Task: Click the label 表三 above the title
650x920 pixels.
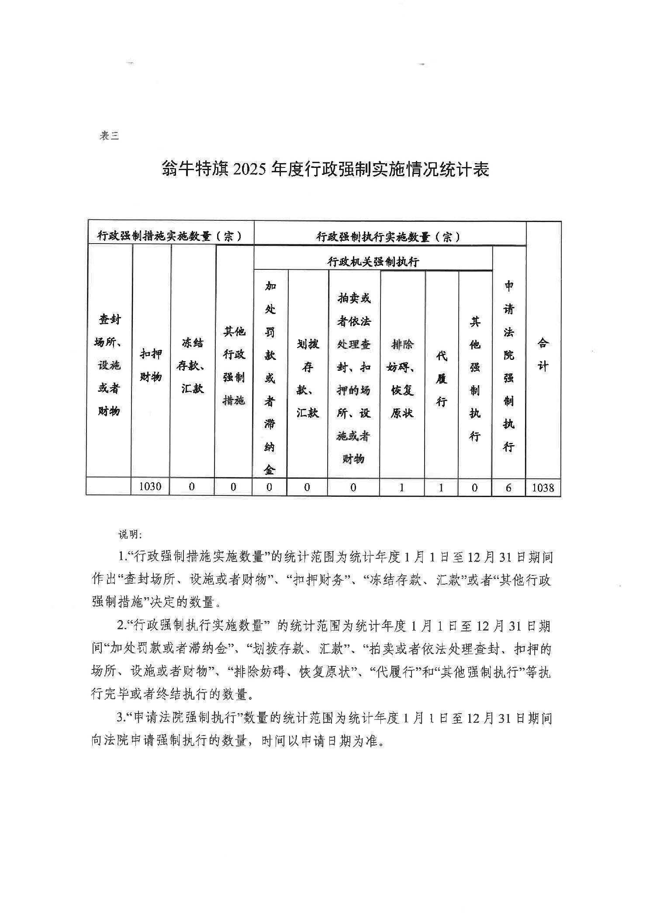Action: click(109, 136)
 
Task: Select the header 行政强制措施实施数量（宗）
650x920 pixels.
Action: click(170, 237)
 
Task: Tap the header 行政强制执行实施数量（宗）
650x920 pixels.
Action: click(388, 237)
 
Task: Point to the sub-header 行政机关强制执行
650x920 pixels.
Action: click(373, 262)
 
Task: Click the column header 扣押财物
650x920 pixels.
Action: click(151, 365)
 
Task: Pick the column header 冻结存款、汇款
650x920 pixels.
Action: click(192, 365)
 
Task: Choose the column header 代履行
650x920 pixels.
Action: click(441, 378)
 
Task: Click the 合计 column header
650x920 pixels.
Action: click(543, 354)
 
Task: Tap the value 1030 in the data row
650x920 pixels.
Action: click(150, 487)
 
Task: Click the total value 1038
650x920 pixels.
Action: click(543, 488)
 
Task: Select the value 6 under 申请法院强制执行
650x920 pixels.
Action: click(508, 488)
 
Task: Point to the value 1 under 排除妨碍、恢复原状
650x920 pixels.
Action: click(401, 488)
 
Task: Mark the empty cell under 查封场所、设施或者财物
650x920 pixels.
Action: click(109, 487)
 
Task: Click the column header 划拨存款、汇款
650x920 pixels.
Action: click(308, 378)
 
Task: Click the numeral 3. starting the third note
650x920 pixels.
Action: click(121, 718)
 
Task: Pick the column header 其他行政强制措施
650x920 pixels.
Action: click(234, 365)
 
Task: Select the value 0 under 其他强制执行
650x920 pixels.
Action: click(475, 488)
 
